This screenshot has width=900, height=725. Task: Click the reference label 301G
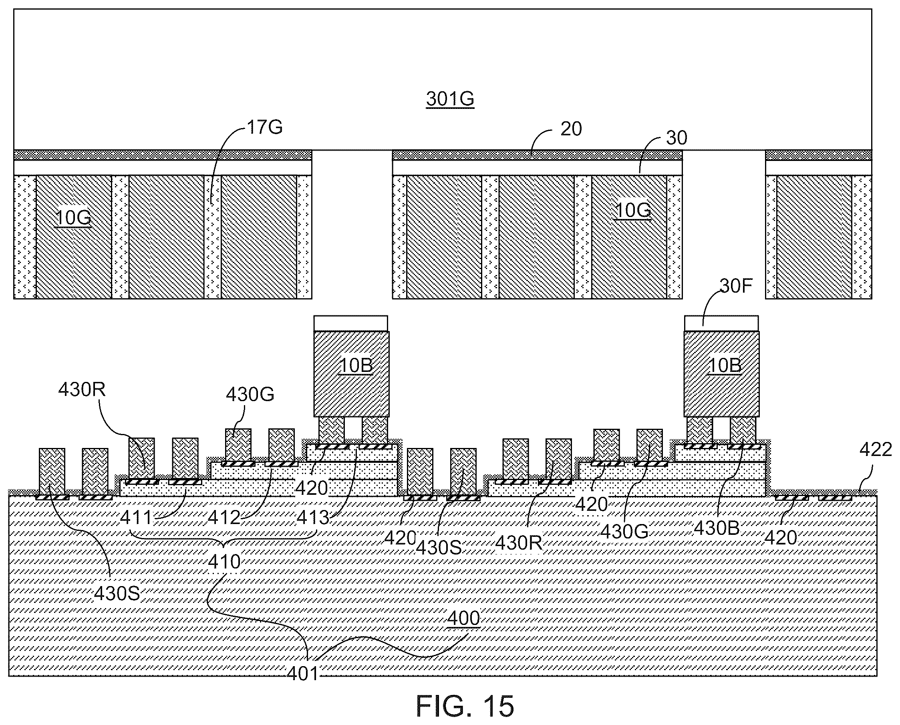tap(450, 99)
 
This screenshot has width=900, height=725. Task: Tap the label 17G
tap(265, 127)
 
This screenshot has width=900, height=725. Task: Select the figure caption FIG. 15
tap(465, 706)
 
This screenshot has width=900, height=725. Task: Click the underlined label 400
tap(463, 618)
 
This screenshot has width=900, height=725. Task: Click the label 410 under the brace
tap(224, 562)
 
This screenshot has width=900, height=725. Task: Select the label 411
tap(136, 518)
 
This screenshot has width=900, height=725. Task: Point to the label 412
tap(224, 518)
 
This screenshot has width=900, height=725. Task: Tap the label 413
tap(313, 518)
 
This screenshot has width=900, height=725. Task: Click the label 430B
tap(717, 528)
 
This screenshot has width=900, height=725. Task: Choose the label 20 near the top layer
tap(571, 129)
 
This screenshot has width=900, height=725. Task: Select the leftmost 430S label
tap(117, 593)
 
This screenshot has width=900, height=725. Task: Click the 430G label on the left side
tap(250, 394)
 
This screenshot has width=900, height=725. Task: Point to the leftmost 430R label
tap(82, 390)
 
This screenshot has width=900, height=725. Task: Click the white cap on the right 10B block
tap(722, 323)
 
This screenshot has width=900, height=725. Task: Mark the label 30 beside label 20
tap(677, 138)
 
